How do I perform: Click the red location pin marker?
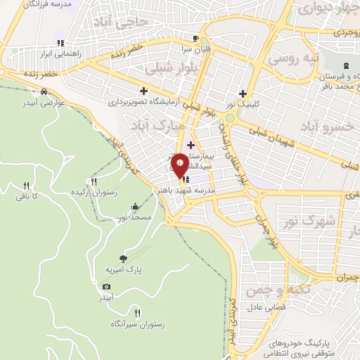pyautogui.click(x=181, y=165)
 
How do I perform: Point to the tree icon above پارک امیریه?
pyautogui.click(x=124, y=258)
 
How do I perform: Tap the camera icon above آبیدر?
pyautogui.click(x=106, y=286)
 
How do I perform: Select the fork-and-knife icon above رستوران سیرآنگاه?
pyautogui.click(x=137, y=313)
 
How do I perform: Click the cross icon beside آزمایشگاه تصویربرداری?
pyautogui.click(x=144, y=91)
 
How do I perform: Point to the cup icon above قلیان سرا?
pyautogui.click(x=195, y=39)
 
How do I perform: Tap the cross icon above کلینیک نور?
pyautogui.click(x=243, y=94)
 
